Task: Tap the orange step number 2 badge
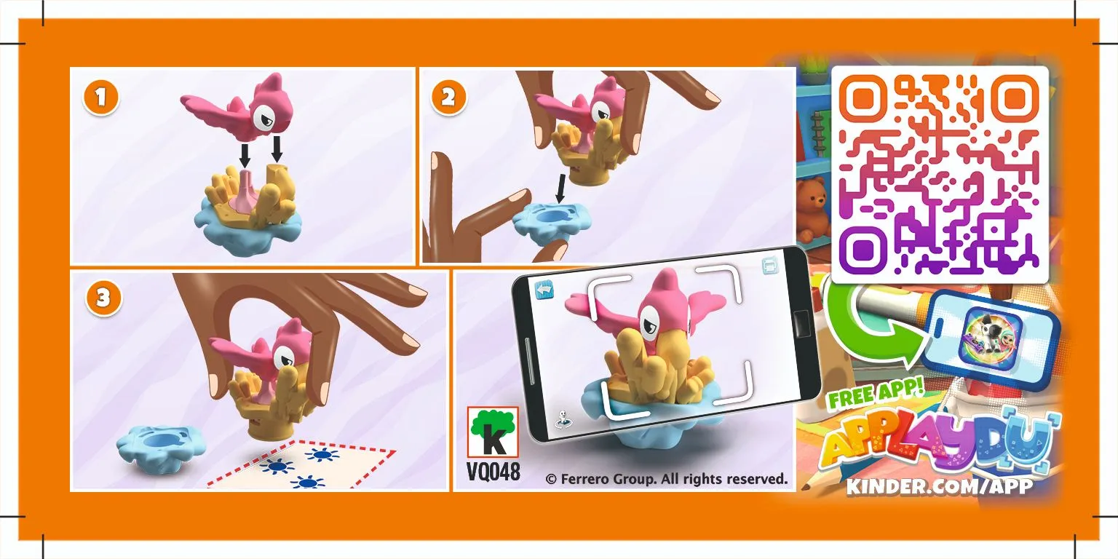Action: [x=449, y=99]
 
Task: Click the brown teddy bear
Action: [x=813, y=208]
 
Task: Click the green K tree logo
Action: [x=492, y=435]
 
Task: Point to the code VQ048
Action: [x=493, y=472]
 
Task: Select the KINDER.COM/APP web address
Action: [x=939, y=486]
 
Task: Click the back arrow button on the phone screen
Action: [x=544, y=290]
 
